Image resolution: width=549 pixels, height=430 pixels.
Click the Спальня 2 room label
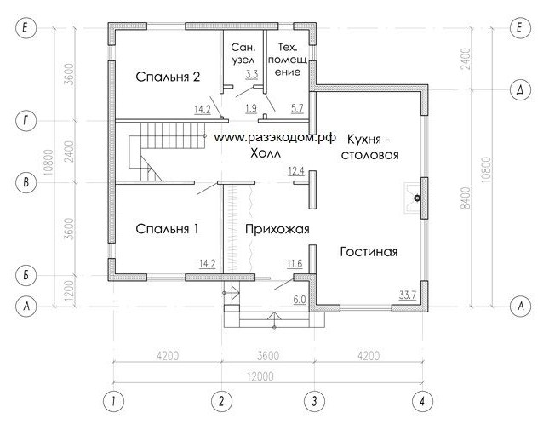pyautogui.click(x=168, y=77)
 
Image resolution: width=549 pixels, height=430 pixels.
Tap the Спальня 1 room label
pyautogui.click(x=167, y=229)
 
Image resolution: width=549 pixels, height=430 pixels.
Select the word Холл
pyautogui.click(x=266, y=153)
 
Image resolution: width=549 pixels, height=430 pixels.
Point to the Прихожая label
pyautogui.click(x=277, y=229)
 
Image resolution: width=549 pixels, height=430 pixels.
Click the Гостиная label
pyautogui.click(x=369, y=251)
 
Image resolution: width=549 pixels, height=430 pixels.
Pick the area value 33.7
pyautogui.click(x=408, y=295)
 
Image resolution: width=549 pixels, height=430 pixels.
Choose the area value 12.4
pyautogui.click(x=296, y=171)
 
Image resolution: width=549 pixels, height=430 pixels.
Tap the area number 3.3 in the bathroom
pyautogui.click(x=252, y=74)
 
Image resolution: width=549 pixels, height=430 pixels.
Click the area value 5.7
pyautogui.click(x=297, y=108)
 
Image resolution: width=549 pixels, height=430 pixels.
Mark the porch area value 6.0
pyautogui.click(x=300, y=300)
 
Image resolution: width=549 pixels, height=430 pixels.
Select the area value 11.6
pyautogui.click(x=295, y=263)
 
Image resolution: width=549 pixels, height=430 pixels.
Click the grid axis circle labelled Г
pyautogui.click(x=26, y=121)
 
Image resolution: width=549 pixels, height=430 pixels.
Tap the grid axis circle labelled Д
pyautogui.click(x=521, y=90)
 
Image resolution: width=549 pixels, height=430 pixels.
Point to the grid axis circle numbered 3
pyautogui.click(x=314, y=401)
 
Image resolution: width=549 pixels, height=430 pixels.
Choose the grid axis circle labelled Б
pyautogui.click(x=26, y=276)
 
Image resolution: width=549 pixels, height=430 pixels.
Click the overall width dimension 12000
pyautogui.click(x=260, y=376)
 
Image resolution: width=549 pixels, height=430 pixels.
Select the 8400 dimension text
pyautogui.click(x=466, y=198)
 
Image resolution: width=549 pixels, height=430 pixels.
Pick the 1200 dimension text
pyautogui.click(x=70, y=291)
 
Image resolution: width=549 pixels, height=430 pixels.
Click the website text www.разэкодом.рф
pyautogui.click(x=274, y=138)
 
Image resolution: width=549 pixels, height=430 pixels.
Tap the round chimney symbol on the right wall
pyautogui.click(x=417, y=198)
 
